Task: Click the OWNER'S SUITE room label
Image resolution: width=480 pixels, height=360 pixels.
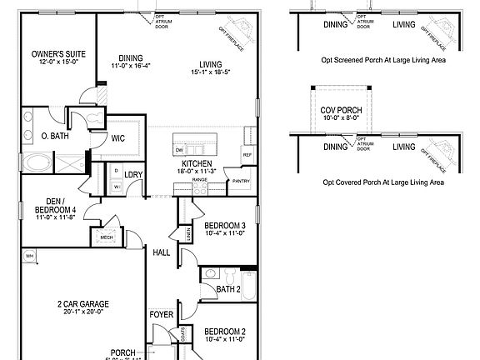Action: [x=52, y=54]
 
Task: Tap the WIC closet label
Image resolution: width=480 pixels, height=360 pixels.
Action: [x=119, y=139]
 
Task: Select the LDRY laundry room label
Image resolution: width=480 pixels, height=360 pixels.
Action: [x=133, y=174]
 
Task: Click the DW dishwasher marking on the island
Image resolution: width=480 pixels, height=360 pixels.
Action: [x=179, y=149]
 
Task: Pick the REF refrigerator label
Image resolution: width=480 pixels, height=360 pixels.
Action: [x=247, y=155]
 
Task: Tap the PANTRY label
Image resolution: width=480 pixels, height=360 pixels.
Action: [x=242, y=180]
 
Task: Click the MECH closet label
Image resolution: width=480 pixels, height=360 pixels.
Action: [x=106, y=236]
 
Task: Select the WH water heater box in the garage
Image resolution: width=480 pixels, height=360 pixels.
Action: [x=29, y=255]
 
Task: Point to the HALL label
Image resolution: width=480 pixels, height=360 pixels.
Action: [x=162, y=251]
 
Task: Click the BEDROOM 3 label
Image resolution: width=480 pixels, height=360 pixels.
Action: [x=224, y=226]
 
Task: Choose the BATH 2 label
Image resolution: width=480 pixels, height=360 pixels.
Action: [x=227, y=289]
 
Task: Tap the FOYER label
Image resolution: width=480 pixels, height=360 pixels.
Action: [x=162, y=314]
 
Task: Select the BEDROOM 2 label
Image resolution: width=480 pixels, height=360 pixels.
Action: [x=224, y=331]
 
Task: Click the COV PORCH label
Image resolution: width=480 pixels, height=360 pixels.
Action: [x=341, y=109]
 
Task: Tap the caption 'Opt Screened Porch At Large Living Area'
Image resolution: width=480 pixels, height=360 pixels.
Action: [x=382, y=60]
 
